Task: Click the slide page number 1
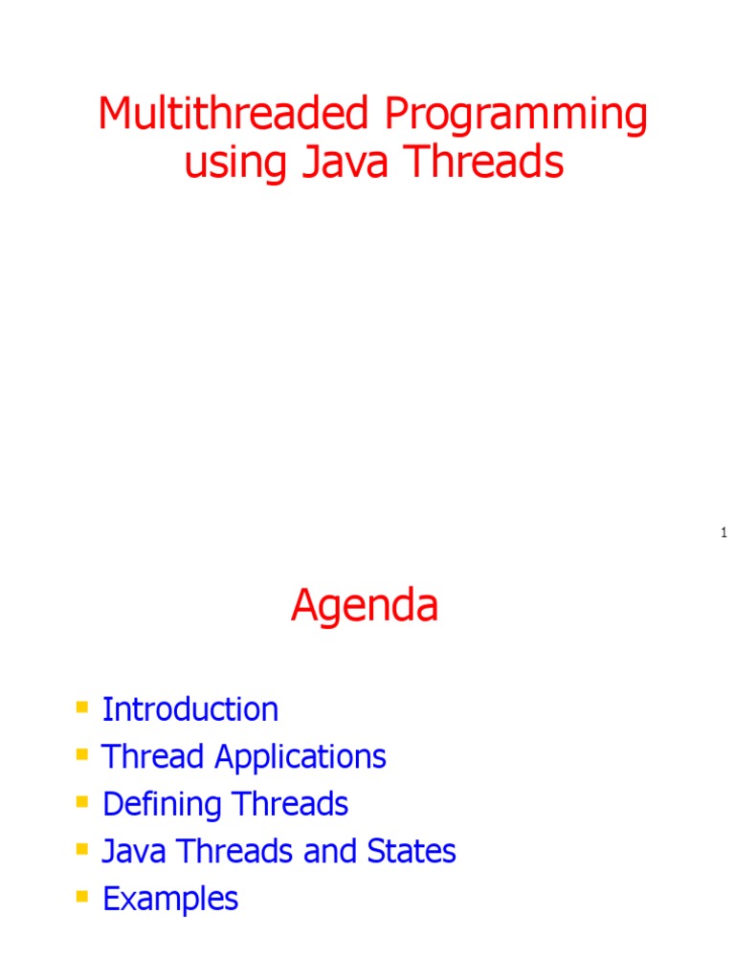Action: pyautogui.click(x=724, y=533)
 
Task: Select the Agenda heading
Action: pyautogui.click(x=365, y=606)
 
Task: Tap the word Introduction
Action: pyautogui.click(x=190, y=709)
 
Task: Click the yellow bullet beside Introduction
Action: pyautogui.click(x=81, y=708)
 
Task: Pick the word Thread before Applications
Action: pyautogui.click(x=154, y=756)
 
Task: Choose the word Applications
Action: pyautogui.click(x=301, y=757)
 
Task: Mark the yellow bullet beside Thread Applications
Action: pyautogui.click(x=81, y=755)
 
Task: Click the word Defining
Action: pyautogui.click(x=160, y=804)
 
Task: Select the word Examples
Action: pyautogui.click(x=170, y=899)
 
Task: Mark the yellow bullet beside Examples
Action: pyautogui.click(x=81, y=897)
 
